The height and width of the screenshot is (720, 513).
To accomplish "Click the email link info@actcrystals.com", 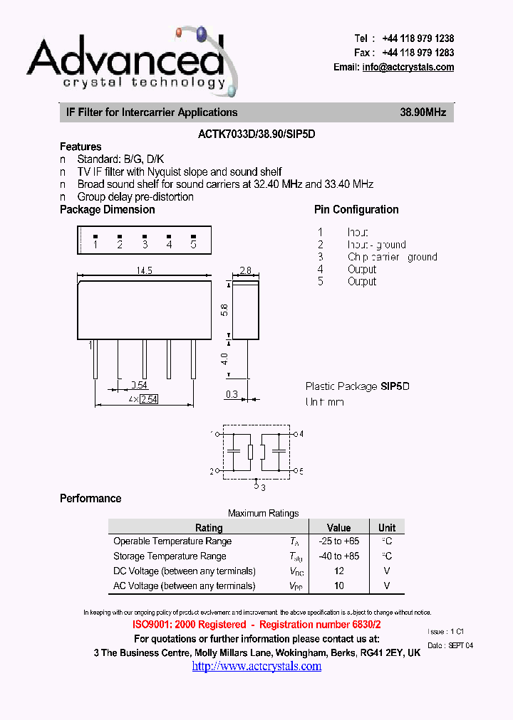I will pos(408,67).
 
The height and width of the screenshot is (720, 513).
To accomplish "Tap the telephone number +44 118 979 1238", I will pos(418,38).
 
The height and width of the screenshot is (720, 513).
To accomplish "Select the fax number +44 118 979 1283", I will pos(418,53).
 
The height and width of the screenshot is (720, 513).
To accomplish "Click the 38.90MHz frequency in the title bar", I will pos(423,112).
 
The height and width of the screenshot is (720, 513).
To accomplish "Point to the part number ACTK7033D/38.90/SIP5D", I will pos(256,132).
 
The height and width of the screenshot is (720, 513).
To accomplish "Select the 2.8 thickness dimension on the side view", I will pos(244,270).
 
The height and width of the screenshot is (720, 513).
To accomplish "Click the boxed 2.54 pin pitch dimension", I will pos(148,399).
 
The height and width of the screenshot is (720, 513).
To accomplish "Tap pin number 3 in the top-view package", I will pos(145,244).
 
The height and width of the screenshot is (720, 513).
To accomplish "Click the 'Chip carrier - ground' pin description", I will pos(392,257).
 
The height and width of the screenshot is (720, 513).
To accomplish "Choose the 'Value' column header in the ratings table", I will pos(338,527).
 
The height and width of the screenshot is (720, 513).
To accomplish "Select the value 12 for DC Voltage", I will pos(338,571).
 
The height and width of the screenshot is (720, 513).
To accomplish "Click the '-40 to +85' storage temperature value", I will pos(338,556).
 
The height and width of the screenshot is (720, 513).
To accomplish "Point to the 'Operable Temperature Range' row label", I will pos(172,541).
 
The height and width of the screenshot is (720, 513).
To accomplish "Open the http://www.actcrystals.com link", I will pos(256,666).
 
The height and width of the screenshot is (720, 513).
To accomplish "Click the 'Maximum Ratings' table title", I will pos(263,513).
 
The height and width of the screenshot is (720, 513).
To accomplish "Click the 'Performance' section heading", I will pos(90,498).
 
